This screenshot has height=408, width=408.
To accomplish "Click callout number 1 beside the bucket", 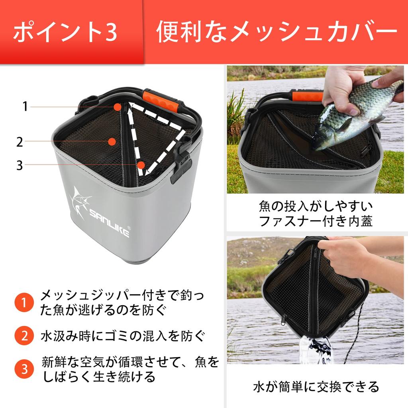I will (x=25, y=107).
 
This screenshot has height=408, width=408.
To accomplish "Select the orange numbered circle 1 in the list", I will (x=24, y=303).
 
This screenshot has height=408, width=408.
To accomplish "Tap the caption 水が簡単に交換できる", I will (x=316, y=386).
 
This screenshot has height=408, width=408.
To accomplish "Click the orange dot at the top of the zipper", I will (x=117, y=107).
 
